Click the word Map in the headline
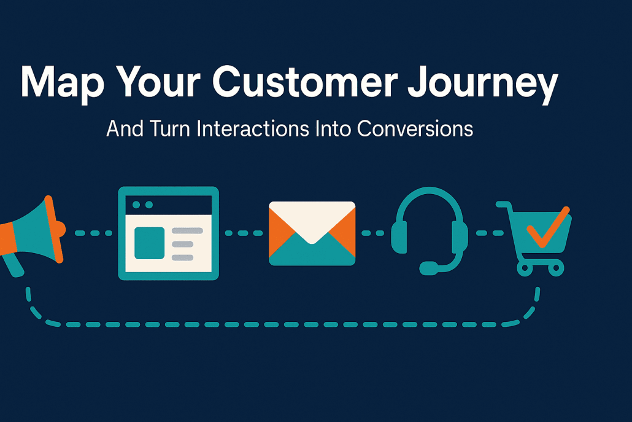click(63, 83)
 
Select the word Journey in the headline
click(482, 85)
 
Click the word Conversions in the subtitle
click(415, 129)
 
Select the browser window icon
click(169, 233)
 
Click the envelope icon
click(312, 233)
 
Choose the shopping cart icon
click(534, 238)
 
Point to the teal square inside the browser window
click(149, 243)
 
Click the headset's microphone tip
click(428, 268)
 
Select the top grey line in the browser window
click(187, 231)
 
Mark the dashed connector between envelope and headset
click(373, 233)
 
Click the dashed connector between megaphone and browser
click(93, 233)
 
